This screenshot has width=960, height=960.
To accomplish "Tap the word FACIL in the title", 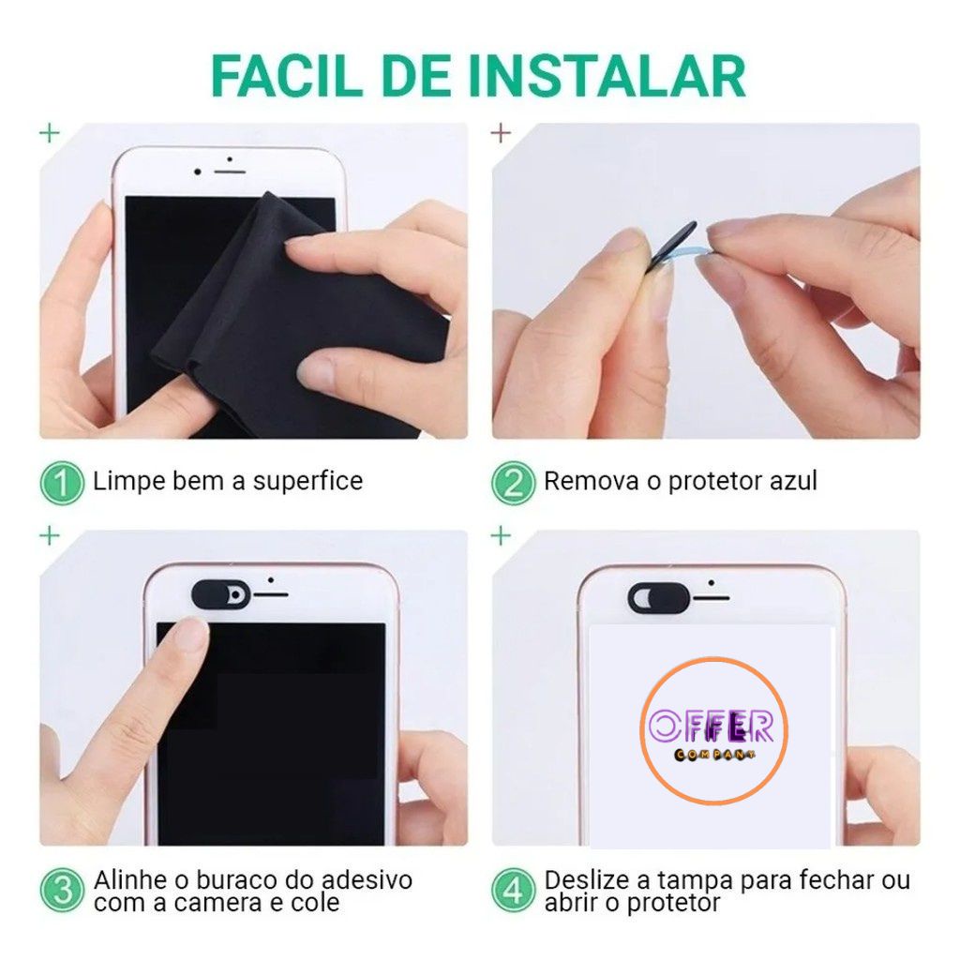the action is click(287, 77).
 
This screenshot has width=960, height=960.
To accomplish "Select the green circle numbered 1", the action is click(62, 483).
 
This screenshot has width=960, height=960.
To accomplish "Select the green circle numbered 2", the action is click(513, 483).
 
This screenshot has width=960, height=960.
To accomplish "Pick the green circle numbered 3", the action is click(62, 891).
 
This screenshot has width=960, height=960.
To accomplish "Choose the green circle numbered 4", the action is click(513, 891).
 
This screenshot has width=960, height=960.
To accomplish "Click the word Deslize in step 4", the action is click(589, 880).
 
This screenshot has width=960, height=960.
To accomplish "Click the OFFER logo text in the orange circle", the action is click(711, 726).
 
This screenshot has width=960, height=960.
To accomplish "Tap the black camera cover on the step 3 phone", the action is click(221, 594).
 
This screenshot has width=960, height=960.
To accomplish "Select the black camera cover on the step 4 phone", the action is click(659, 596).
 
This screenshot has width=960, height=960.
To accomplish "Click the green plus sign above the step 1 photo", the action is click(50, 132).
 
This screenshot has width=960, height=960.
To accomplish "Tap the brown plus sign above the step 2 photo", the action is click(501, 132).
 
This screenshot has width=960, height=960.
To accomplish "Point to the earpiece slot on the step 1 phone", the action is click(230, 172).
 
